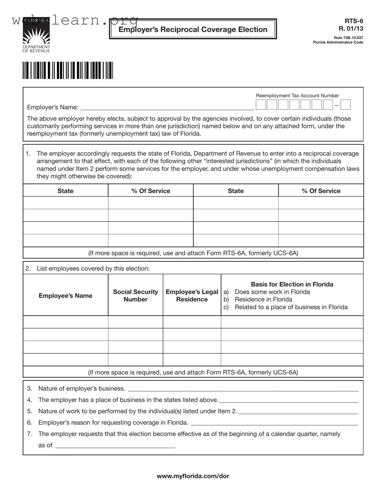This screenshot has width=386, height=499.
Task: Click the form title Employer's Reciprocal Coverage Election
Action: [193, 29]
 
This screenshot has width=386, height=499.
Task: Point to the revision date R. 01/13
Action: [351, 29]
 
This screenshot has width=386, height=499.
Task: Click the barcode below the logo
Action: [68, 70]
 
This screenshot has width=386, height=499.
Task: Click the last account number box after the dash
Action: [345, 105]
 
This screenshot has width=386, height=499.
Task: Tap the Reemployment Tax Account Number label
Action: [297, 96]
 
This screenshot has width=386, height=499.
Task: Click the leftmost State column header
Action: [66, 191]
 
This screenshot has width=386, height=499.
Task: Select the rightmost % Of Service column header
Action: [321, 191]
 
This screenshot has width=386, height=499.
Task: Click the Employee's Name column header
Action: [66, 296]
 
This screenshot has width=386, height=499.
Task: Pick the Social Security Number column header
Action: [136, 296]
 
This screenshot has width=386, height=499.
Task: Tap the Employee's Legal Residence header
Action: [192, 296]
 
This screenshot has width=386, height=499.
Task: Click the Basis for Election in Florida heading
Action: [292, 284]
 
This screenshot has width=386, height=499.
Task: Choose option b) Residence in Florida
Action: [263, 299]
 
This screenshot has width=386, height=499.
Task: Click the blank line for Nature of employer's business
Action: [243, 389]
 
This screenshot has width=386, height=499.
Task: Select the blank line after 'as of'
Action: [115, 446]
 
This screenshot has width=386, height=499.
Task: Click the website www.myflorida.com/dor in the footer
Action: [193, 476]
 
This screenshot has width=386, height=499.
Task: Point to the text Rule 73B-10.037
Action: [348, 38]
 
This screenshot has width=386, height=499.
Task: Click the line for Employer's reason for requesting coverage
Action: [274, 423]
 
